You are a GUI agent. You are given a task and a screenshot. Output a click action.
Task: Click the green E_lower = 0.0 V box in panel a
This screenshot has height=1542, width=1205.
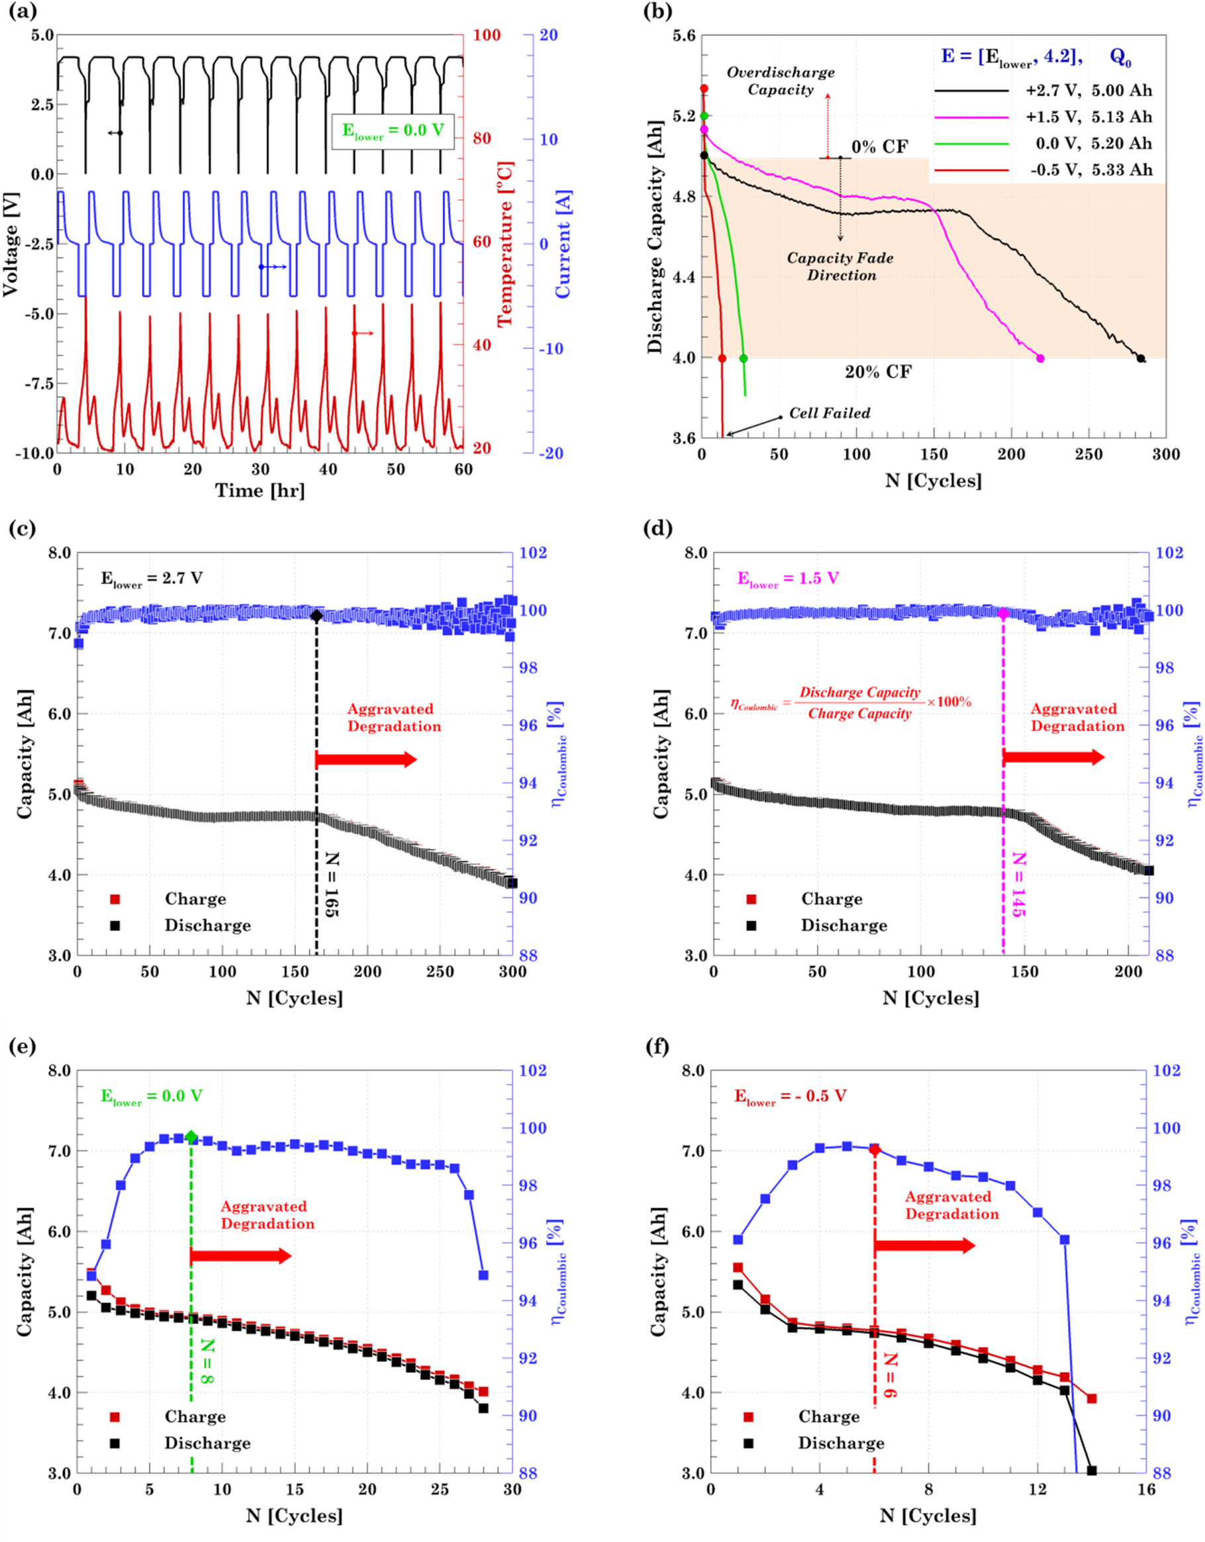[x=393, y=130]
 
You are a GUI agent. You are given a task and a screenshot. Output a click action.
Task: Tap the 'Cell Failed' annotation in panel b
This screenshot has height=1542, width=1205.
[x=829, y=413]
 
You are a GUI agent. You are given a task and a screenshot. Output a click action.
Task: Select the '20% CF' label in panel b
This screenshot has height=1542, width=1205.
[x=878, y=371]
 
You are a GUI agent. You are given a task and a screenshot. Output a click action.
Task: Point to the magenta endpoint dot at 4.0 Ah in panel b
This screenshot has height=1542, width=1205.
[x=1040, y=359]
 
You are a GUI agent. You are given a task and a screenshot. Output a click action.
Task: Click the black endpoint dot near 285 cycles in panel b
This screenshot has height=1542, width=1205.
[x=1141, y=359]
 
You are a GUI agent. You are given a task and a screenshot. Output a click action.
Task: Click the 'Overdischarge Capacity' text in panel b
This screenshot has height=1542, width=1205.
[x=780, y=81]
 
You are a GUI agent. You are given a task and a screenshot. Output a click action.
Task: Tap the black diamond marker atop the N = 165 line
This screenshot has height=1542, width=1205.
[x=316, y=616]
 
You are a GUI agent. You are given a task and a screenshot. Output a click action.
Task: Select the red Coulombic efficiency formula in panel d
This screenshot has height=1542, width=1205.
[x=851, y=702]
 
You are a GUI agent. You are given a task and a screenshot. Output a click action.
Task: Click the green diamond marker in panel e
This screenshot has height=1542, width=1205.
[x=191, y=1137]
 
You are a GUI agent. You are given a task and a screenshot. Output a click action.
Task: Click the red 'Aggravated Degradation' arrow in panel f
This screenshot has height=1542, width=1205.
[x=924, y=1245]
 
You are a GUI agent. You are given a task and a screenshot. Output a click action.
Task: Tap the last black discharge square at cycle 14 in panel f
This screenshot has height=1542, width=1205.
[x=1091, y=1470]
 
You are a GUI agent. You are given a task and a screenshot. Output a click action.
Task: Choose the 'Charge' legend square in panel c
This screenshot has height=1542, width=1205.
[x=115, y=899]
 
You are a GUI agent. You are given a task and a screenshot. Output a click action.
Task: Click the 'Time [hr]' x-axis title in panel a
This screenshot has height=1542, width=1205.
[x=260, y=491]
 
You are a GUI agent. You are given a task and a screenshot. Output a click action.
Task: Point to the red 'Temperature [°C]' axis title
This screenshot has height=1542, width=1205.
[x=505, y=244]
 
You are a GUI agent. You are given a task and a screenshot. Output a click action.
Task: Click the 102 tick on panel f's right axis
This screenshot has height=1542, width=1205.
[x=1166, y=1071]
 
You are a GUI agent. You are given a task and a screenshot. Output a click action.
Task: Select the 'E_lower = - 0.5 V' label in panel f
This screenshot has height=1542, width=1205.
[x=790, y=1096]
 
